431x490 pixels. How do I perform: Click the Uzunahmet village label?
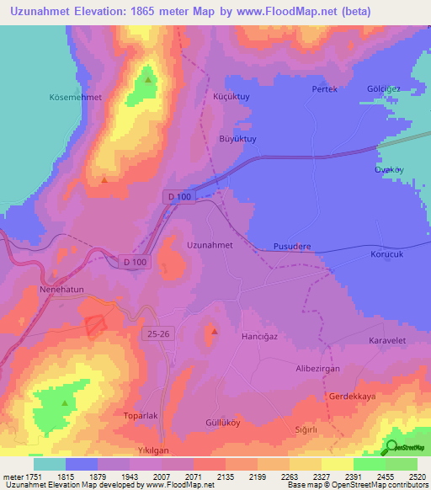[x=209, y=244]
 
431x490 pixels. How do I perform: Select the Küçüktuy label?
[x=232, y=97]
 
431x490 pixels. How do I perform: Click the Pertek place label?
[x=324, y=89]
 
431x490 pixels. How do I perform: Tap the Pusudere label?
[x=292, y=247]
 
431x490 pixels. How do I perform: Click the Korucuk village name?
[x=388, y=253]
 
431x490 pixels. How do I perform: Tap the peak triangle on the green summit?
[x=148, y=80]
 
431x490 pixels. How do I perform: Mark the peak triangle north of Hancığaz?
[x=214, y=330]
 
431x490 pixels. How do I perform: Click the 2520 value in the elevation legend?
[x=418, y=476]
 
